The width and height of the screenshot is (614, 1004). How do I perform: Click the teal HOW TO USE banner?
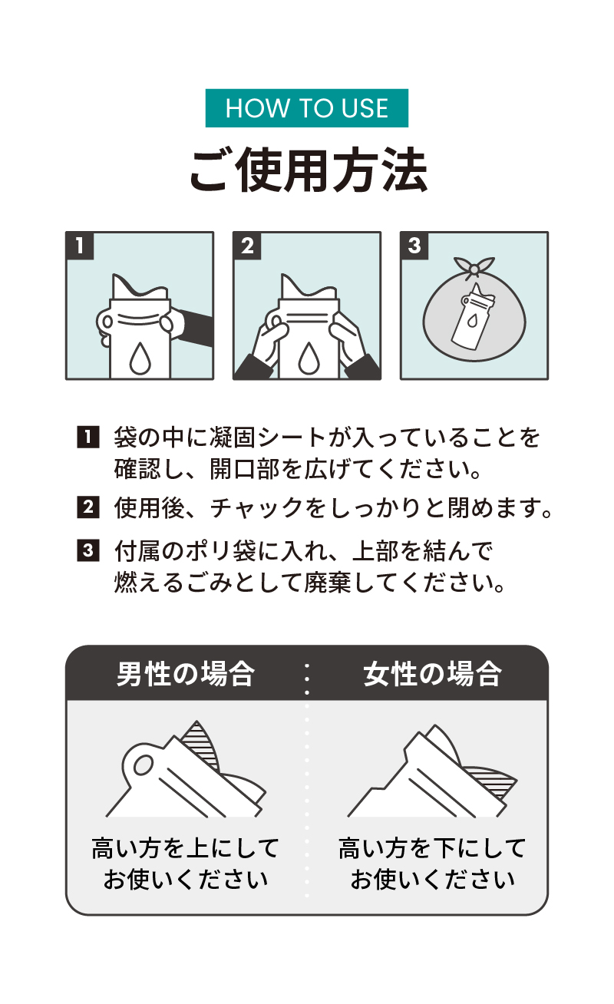point(306,108)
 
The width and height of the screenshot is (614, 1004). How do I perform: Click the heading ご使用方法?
point(309,170)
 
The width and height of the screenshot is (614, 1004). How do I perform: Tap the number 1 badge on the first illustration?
point(80,246)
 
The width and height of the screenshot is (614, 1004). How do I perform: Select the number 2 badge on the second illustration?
point(247,246)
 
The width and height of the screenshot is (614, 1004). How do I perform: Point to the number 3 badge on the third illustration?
point(414,246)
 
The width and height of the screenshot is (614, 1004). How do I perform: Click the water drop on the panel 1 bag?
point(140,358)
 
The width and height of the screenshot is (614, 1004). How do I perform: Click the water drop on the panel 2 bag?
point(309,358)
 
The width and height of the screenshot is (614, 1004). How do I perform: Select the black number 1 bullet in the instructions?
point(88,437)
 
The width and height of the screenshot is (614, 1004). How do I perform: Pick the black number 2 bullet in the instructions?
point(88,507)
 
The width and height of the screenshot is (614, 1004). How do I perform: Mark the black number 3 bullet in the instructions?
point(88,550)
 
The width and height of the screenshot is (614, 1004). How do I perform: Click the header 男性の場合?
point(186,674)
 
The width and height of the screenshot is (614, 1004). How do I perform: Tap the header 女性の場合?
point(432,674)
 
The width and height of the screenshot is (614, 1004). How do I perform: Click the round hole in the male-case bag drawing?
point(144,765)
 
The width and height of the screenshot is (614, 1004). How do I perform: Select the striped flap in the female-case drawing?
point(490,783)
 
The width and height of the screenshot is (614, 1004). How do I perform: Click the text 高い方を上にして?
point(186,848)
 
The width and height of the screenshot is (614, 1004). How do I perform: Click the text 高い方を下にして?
point(432,848)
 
